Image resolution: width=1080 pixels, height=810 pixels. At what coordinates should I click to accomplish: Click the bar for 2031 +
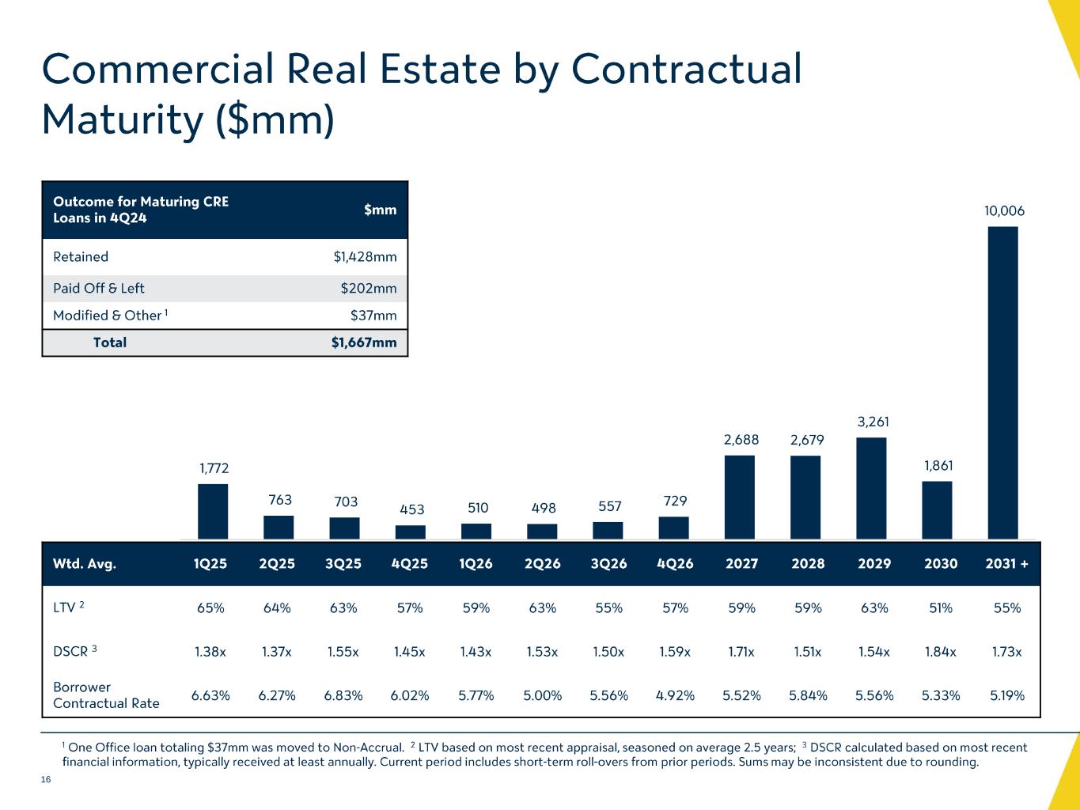tap(1002, 383)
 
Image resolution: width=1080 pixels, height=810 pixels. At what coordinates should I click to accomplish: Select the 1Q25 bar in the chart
tap(213, 511)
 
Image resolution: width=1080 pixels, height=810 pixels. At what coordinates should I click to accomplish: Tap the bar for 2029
tap(871, 488)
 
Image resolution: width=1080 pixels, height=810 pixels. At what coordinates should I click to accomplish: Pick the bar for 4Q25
tap(410, 532)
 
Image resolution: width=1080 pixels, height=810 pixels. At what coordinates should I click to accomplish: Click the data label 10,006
tap(1004, 211)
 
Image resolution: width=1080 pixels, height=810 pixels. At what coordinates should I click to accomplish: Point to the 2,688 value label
tap(741, 440)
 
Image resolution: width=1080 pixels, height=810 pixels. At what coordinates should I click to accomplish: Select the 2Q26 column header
tap(544, 564)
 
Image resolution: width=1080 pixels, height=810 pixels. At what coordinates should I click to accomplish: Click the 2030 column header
tap(940, 564)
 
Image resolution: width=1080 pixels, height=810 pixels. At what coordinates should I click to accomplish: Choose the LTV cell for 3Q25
tap(343, 608)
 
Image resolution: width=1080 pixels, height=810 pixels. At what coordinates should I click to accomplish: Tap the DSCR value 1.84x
tap(940, 653)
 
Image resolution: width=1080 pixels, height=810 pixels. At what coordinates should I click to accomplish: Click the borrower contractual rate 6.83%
tap(343, 696)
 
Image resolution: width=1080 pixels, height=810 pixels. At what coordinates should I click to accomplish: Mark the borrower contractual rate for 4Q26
tap(675, 696)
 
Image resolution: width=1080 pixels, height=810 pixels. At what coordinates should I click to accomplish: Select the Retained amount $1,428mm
tap(365, 257)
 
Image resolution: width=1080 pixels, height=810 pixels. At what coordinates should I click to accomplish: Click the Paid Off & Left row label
tap(99, 289)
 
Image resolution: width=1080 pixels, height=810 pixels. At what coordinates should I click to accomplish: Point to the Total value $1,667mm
tap(364, 343)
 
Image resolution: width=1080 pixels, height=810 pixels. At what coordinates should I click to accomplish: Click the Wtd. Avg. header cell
tap(85, 564)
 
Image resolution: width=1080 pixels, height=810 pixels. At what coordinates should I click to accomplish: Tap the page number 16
tap(46, 781)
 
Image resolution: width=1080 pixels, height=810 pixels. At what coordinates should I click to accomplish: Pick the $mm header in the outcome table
tap(380, 210)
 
